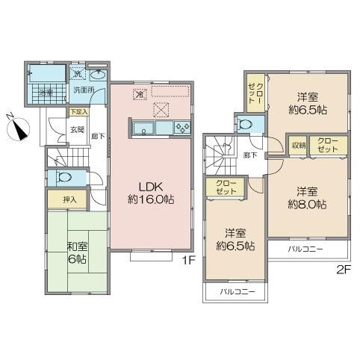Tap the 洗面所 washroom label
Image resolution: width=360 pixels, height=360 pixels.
coord(83,90)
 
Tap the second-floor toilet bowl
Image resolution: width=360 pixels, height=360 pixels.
coord(243,125)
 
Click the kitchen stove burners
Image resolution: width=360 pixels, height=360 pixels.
coord(182,128)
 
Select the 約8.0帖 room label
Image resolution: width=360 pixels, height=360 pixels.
coord(308,197)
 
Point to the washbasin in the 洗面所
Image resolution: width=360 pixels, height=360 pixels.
coord(98,75)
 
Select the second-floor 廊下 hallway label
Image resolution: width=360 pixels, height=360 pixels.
coord(249,155)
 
